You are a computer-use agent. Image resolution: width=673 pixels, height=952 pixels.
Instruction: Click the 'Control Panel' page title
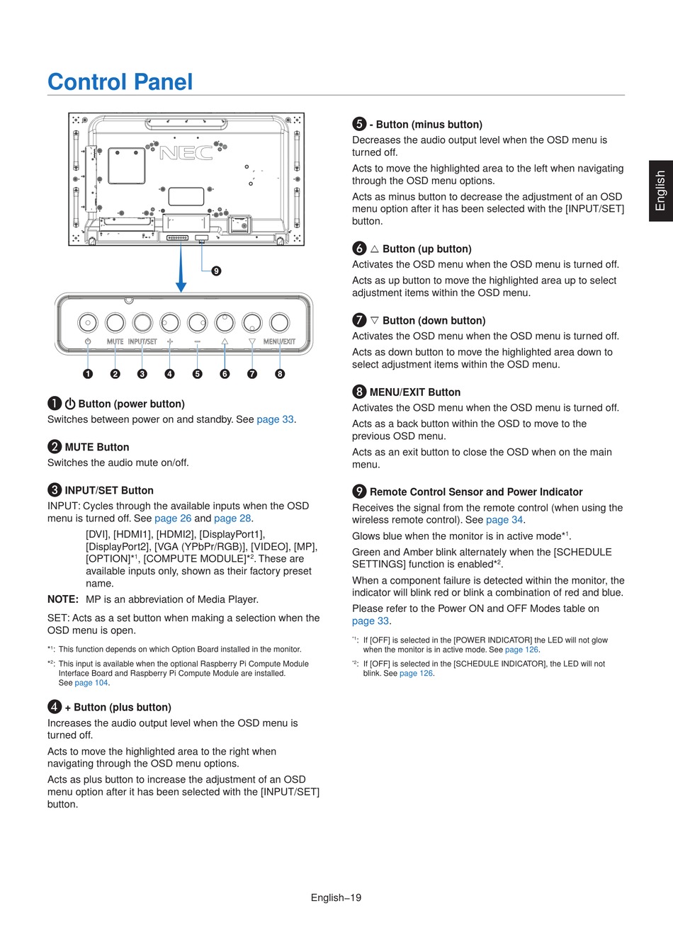point(120,82)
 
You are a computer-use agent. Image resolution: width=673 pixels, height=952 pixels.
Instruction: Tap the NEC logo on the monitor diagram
point(186,153)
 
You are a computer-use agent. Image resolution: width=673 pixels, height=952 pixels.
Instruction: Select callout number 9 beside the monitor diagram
point(216,271)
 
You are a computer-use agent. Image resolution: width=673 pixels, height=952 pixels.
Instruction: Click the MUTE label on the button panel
point(115,341)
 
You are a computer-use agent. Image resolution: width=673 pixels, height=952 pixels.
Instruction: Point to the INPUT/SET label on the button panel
point(142,341)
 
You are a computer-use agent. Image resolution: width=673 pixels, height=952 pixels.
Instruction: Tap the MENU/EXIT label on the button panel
point(279,341)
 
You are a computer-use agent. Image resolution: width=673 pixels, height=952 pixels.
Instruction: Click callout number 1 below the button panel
point(87,373)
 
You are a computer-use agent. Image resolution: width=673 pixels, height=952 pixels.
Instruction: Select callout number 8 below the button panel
point(280,373)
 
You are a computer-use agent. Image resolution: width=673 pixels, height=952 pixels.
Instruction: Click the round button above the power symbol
point(87,323)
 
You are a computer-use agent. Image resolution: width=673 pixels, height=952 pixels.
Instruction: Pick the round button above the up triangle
point(225,323)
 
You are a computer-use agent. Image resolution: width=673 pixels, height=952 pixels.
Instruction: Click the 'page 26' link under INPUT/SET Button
point(173,518)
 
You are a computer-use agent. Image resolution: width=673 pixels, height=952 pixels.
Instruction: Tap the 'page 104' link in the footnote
point(91,683)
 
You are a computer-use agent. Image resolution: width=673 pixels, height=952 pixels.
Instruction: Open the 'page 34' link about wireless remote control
point(504,520)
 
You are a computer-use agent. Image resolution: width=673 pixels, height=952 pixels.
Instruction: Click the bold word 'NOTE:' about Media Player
point(63,599)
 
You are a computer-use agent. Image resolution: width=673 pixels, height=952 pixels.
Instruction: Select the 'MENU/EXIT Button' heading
point(414,392)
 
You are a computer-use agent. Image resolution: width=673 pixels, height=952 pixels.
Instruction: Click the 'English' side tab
point(661,191)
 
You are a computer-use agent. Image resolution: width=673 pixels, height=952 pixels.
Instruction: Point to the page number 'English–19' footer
point(336,897)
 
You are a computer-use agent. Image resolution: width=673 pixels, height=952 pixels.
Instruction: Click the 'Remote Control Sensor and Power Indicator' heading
point(476,492)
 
